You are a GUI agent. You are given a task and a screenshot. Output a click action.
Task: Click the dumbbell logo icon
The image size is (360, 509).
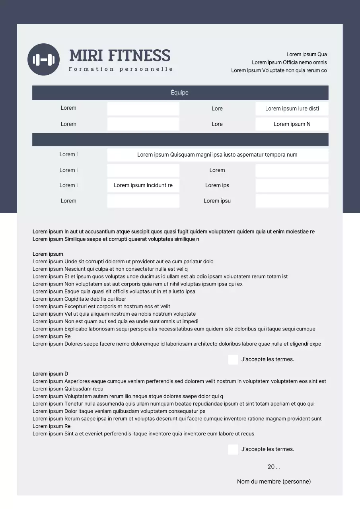coord(43,60)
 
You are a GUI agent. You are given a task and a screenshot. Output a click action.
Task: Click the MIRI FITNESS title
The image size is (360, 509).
coord(120,56)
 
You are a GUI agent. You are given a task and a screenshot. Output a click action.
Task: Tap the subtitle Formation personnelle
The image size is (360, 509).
coord(121,69)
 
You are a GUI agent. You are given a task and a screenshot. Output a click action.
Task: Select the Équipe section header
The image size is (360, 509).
coord(180,93)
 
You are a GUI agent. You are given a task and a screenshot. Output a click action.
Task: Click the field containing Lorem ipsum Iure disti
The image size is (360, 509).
coord(292,109)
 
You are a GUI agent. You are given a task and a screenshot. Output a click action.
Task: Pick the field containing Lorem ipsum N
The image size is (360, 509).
coord(292,124)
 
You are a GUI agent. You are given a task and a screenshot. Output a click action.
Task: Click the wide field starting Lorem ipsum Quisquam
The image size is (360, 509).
coord(217,155)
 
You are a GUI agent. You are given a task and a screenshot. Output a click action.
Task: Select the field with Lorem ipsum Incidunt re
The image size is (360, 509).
coord(143,185)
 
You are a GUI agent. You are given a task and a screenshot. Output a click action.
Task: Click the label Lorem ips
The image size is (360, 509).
coord(217,185)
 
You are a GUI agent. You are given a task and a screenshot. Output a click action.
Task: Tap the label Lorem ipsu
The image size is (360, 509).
coord(217,201)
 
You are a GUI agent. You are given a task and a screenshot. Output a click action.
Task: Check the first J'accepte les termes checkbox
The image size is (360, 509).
coord(233,359)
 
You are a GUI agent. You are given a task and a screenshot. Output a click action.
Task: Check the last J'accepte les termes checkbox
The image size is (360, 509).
coord(233,449)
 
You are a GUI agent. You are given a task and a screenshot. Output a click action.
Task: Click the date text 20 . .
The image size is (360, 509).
coord(274,467)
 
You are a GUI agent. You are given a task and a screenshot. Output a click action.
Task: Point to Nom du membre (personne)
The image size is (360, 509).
coord(274,482)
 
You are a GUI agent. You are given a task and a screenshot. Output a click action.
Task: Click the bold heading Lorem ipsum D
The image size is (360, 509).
coord(51,374)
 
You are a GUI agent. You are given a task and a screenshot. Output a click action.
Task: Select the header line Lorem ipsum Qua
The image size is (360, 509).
coord(307,54)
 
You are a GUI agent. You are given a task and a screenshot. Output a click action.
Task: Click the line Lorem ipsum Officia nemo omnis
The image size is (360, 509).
coord(289,62)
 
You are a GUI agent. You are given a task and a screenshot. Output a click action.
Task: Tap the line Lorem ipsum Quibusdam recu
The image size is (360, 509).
coord(68,389)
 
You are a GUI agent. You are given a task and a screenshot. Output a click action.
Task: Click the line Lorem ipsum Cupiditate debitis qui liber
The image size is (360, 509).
coord(80,299)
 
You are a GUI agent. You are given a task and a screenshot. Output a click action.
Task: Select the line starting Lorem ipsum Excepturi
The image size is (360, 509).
coord(101,307)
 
